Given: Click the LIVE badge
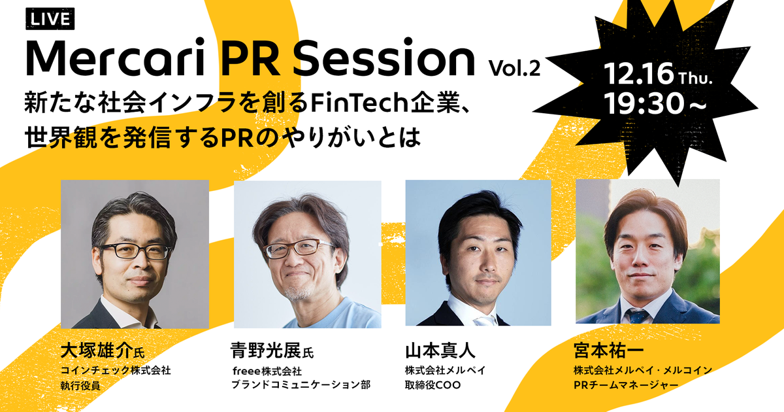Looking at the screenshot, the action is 50,18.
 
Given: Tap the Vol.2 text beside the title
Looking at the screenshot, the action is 515,67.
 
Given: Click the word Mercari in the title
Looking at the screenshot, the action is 116,58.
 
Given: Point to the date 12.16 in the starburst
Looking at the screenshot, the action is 639,74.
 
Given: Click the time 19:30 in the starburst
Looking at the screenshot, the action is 644,103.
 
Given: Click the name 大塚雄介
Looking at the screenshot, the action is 97,351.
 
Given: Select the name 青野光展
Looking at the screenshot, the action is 267,351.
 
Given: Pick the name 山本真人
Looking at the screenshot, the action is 440,351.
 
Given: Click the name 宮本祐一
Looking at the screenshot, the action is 609,351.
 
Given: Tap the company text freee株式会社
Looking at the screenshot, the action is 267,371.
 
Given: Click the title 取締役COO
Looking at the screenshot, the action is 433,385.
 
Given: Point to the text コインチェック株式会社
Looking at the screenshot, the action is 116,370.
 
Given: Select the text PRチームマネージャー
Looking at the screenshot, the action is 626,385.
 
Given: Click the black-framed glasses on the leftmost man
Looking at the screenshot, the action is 136,251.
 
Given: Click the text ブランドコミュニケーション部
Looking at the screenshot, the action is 301,385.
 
